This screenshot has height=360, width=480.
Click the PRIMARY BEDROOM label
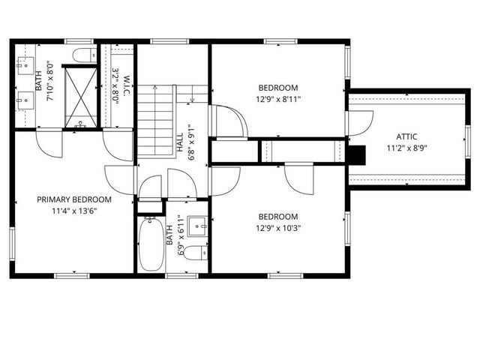75,199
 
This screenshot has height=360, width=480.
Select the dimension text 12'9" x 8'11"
277,98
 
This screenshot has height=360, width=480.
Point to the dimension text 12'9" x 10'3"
277,229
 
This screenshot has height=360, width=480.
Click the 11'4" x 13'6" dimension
75,211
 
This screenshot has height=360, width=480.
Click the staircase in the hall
156,120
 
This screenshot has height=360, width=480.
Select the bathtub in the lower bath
151,244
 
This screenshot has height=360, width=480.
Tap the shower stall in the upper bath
79,95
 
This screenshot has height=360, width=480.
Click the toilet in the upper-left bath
82,55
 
